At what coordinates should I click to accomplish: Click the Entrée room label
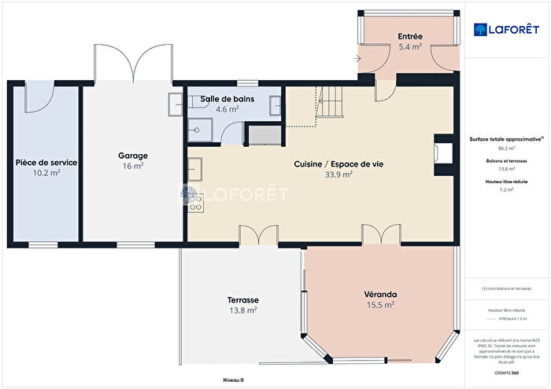point(409,36)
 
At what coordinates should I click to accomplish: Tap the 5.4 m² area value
point(409,47)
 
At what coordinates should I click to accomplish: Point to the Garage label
point(132,156)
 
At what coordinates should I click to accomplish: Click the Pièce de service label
point(46,162)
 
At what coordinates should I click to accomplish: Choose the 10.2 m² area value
point(46,173)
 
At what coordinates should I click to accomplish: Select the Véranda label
point(379,293)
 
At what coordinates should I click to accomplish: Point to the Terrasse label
point(242,300)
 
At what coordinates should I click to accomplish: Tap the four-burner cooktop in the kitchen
point(195,204)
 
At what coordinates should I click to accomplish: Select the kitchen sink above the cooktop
point(194,170)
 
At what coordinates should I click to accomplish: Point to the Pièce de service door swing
point(38,97)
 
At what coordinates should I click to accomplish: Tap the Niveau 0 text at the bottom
point(233,380)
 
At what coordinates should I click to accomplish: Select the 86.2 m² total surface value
point(506,148)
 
